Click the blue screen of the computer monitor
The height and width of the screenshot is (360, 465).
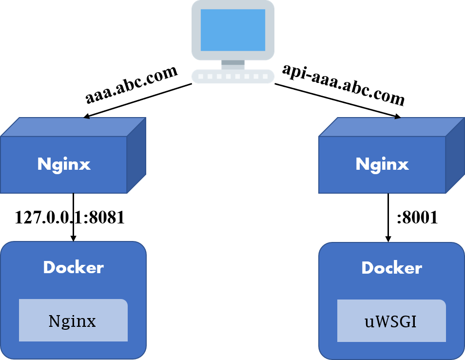(232, 30)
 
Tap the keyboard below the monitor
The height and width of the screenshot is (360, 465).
(232, 76)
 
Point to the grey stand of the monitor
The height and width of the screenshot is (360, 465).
(232, 64)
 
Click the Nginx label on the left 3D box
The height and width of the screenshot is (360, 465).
(64, 164)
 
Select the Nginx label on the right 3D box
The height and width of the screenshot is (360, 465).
(382, 164)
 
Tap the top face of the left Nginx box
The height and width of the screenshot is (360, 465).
(73, 127)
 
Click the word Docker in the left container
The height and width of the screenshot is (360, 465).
(73, 267)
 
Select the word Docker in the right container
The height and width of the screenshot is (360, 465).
(391, 268)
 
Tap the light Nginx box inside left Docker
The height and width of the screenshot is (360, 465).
(73, 320)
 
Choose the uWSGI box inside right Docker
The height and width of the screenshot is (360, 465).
(391, 320)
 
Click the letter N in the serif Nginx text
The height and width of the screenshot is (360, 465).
(54, 321)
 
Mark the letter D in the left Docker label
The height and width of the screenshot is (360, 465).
(49, 267)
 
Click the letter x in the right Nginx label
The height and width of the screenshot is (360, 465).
(403, 165)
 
